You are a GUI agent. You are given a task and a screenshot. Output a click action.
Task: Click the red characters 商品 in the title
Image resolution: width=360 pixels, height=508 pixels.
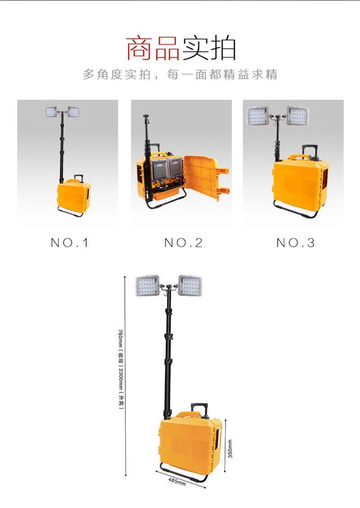tap(153, 48)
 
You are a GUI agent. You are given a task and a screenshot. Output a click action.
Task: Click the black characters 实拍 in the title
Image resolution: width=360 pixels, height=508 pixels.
tap(208, 48)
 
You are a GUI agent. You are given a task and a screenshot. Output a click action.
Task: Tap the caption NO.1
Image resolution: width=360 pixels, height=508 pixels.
tap(69, 243)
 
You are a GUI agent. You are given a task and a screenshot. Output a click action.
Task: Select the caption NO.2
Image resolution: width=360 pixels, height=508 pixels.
tap(183, 243)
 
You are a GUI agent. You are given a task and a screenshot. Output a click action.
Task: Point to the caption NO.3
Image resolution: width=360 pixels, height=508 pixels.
tap(296, 243)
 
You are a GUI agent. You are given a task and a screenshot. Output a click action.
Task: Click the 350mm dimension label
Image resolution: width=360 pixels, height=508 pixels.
tap(230, 449)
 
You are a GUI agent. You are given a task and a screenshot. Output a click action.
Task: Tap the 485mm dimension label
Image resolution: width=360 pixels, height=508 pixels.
tap(177, 481)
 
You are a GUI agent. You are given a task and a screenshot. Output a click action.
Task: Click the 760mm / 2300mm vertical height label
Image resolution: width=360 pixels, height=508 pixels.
tap(121, 370)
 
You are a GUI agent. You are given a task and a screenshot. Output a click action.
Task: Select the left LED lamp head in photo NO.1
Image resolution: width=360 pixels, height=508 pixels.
tap(51, 112)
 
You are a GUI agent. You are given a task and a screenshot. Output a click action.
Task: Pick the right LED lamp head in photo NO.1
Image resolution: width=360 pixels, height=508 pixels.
tap(74, 111)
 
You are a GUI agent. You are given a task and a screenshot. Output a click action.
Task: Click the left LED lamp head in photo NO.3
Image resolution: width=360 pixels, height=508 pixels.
tap(258, 116)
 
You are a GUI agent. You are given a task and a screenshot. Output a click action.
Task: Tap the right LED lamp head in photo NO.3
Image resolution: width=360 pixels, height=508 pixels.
tap(298, 116)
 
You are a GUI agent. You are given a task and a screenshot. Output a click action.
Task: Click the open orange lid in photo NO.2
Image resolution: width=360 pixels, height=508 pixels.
tap(206, 178)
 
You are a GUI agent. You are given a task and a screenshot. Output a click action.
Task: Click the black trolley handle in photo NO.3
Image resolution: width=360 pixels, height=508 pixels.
tap(310, 151)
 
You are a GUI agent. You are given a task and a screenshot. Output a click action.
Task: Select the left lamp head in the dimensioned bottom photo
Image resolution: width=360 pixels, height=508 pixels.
tap(148, 285)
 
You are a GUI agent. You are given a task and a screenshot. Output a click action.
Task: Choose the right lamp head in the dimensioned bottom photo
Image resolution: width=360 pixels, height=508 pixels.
tap(190, 285)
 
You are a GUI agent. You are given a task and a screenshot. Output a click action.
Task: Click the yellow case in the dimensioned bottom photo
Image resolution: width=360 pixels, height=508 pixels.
tap(191, 444)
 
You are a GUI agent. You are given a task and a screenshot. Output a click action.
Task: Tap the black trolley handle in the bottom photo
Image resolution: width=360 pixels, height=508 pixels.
tap(199, 409)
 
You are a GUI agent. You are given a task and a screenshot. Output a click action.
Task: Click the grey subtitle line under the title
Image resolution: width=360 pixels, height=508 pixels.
tap(180, 75)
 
